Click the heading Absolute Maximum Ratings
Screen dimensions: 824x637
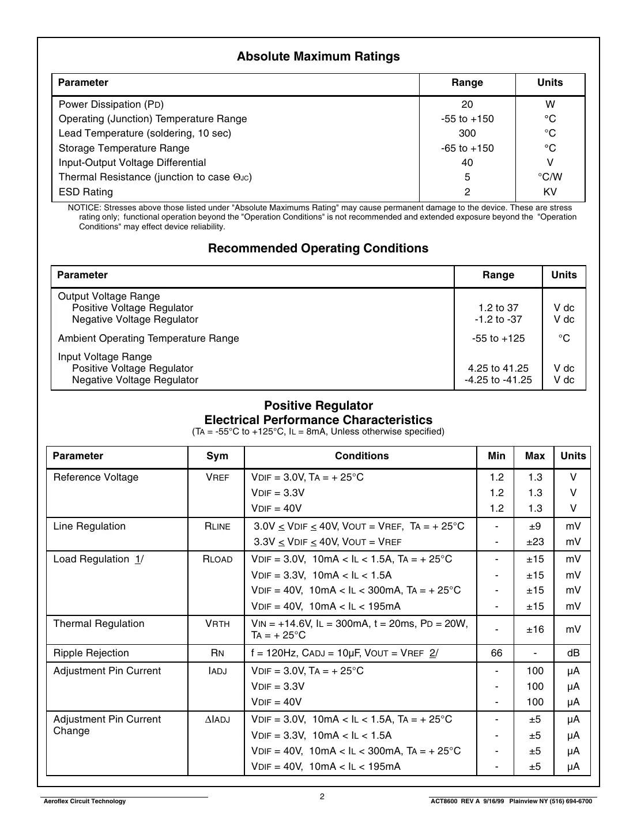(x=318, y=56)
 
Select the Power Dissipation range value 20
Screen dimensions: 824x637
(x=467, y=104)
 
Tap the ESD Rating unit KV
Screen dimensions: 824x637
(x=550, y=192)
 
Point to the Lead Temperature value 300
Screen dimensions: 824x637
(x=467, y=133)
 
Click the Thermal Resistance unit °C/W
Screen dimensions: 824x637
(x=550, y=177)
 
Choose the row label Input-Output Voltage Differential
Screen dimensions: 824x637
(x=132, y=162)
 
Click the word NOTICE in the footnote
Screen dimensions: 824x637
(x=84, y=207)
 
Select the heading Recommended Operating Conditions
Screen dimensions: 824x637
(x=318, y=248)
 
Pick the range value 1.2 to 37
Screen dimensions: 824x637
(x=498, y=308)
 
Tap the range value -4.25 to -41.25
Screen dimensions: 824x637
(x=498, y=380)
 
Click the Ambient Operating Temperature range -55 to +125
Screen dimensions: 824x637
(x=498, y=338)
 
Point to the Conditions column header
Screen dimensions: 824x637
(x=361, y=456)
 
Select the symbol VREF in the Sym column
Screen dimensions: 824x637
(x=217, y=477)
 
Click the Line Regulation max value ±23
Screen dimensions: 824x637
(x=534, y=542)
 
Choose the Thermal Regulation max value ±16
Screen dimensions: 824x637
(x=534, y=629)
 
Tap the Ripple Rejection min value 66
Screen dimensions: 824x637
(x=496, y=653)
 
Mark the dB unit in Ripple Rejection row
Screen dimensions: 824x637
(x=573, y=653)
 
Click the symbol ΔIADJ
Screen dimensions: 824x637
(x=217, y=719)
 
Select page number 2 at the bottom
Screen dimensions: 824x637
(x=322, y=796)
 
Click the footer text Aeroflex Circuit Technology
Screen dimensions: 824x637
(x=85, y=801)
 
